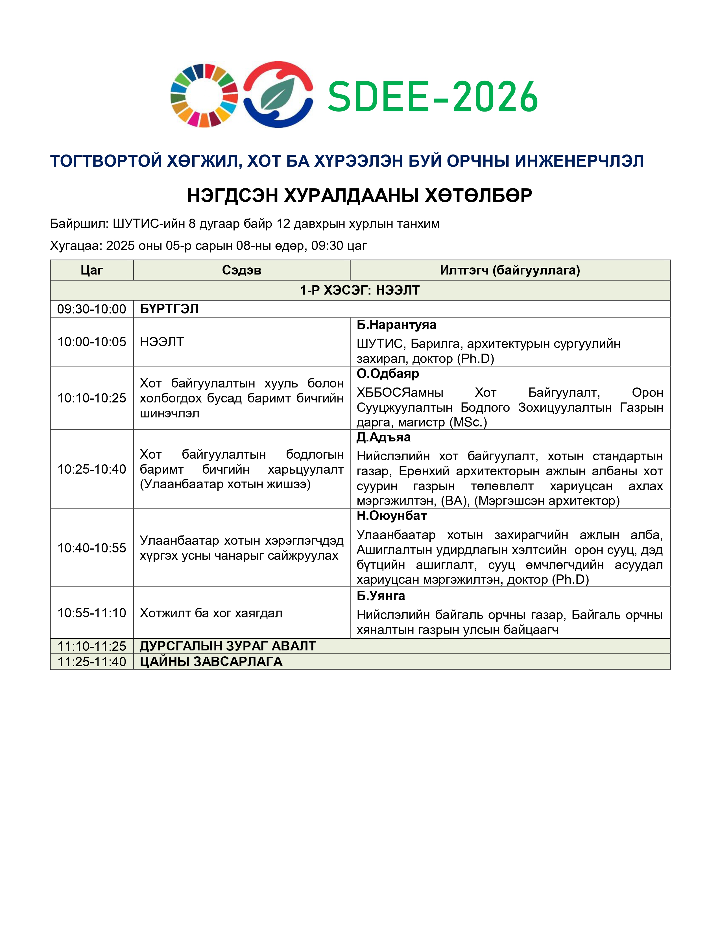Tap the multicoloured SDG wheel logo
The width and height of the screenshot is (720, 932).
(x=204, y=95)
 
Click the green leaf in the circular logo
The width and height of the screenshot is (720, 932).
(x=277, y=94)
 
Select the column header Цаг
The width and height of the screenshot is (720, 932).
(x=92, y=270)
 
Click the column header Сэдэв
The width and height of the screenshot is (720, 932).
(x=241, y=270)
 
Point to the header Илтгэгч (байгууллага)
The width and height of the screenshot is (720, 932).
(x=510, y=270)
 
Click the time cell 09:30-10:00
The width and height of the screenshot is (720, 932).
(x=92, y=309)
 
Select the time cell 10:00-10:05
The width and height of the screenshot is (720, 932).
(x=92, y=342)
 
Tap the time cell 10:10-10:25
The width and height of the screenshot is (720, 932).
(x=92, y=398)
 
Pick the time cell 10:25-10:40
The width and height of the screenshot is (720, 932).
(x=92, y=469)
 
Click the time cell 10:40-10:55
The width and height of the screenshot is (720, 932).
(x=92, y=548)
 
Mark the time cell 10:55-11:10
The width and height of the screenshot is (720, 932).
(x=92, y=613)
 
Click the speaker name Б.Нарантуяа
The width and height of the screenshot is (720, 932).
(x=396, y=325)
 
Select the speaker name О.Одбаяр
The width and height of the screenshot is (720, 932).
(x=388, y=374)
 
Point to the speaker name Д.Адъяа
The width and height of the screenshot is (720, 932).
(x=383, y=437)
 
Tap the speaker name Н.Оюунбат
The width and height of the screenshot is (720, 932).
(x=392, y=516)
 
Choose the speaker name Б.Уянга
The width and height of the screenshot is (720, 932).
(x=381, y=596)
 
